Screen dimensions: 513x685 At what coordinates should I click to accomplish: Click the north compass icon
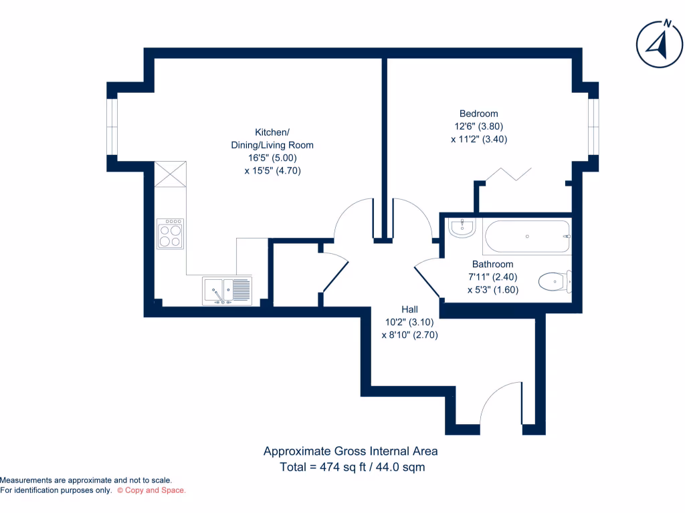coord(659,44)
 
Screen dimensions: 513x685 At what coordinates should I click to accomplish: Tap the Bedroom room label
coord(478,114)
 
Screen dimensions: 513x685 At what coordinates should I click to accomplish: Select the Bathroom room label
coord(492,265)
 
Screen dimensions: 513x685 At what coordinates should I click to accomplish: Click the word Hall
coord(409,309)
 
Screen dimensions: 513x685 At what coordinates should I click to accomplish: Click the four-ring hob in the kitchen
coord(170,234)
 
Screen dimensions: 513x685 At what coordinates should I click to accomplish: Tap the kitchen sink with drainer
coord(227,291)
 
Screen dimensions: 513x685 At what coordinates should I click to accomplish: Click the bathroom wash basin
coord(462,228)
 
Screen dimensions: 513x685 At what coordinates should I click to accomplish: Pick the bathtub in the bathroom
coord(527,236)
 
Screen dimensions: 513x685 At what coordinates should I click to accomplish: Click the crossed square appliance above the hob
coord(170,176)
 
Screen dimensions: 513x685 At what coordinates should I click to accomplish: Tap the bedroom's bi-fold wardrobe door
coord(504,174)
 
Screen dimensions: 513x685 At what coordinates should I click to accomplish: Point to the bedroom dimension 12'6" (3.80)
coord(478,126)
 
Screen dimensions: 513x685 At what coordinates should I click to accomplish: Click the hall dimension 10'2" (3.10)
coord(409,322)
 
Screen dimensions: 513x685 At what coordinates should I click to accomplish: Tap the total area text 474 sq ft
coord(353,468)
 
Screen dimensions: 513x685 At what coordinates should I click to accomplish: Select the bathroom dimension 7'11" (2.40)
coord(492,277)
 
